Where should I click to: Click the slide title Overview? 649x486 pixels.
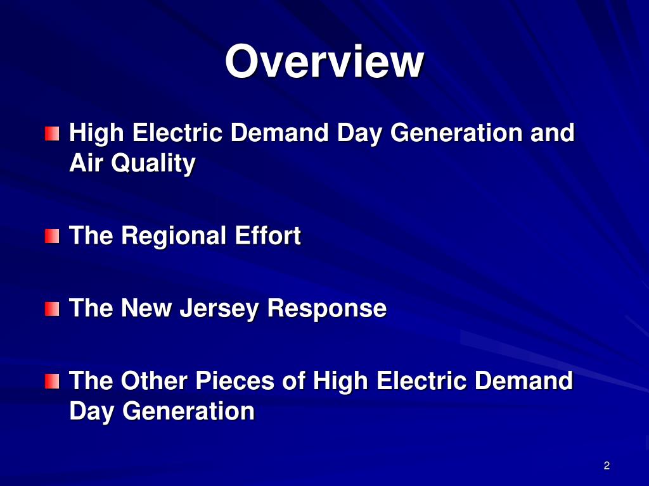pyautogui.click(x=324, y=61)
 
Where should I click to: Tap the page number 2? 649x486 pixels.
pyautogui.click(x=607, y=466)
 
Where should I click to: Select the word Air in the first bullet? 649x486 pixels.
pyautogui.click(x=86, y=163)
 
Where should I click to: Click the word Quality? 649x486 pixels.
pyautogui.click(x=153, y=165)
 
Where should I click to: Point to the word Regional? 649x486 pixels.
pyautogui.click(x=174, y=237)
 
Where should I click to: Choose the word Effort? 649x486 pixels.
pyautogui.click(x=268, y=236)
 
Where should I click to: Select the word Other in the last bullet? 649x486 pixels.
pyautogui.click(x=155, y=381)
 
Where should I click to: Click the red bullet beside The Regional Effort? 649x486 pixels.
pyautogui.click(x=52, y=237)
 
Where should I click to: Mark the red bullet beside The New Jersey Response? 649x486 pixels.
pyautogui.click(x=52, y=309)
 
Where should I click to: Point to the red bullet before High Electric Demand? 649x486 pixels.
pyautogui.click(x=52, y=134)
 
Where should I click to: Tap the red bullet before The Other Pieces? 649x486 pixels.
pyautogui.click(x=52, y=382)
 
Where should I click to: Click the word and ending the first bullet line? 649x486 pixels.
pyautogui.click(x=553, y=134)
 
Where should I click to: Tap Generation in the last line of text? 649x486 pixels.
pyautogui.click(x=188, y=411)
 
